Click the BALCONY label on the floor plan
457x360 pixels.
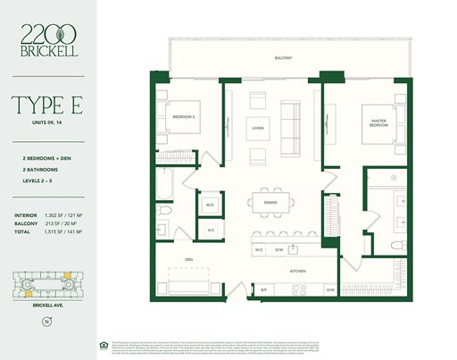point(284,58)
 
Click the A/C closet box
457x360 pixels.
point(212,230)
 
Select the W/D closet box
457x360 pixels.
point(211,205)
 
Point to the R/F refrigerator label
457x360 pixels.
point(264,290)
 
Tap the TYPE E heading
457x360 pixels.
point(49,107)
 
